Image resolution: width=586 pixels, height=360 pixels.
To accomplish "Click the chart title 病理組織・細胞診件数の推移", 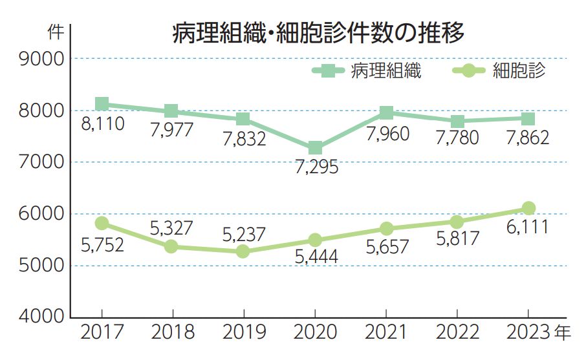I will (x=318, y=33).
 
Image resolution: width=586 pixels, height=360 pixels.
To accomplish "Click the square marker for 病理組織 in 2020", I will (x=315, y=148).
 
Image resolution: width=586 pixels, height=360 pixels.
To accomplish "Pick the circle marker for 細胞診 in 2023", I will (x=528, y=208).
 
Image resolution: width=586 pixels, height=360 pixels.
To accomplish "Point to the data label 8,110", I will (x=102, y=123).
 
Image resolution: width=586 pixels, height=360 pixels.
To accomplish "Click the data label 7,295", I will (x=315, y=167).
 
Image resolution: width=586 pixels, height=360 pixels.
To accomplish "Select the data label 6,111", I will (x=528, y=227).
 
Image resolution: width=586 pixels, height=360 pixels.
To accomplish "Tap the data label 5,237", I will (x=244, y=235).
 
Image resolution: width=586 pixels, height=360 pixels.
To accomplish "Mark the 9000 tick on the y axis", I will (x=42, y=59).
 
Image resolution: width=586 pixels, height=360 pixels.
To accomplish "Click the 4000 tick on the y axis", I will (x=42, y=318).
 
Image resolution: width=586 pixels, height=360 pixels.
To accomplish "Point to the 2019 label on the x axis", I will (x=244, y=334).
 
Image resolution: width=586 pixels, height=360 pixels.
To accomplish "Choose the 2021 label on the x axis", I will (x=386, y=334).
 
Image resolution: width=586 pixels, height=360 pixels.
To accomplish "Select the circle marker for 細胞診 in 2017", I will (x=102, y=223).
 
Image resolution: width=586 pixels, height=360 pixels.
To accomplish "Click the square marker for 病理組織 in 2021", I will (x=386, y=113).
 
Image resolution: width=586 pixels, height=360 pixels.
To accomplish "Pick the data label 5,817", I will (x=457, y=238).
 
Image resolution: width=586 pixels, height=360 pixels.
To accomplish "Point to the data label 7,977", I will (x=172, y=130).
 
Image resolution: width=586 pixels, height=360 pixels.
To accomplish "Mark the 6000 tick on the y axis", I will (x=42, y=215).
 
